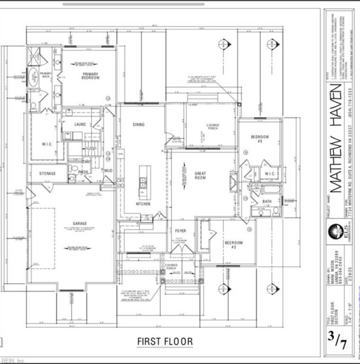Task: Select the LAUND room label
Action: (79, 124)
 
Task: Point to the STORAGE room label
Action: (48, 174)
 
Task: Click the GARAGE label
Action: (79, 223)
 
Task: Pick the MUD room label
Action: (108, 171)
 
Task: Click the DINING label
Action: (139, 124)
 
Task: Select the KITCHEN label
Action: (143, 204)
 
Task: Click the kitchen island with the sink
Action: (143, 178)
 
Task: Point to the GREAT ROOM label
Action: (200, 176)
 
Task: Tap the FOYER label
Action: (180, 231)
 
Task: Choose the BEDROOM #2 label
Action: (233, 244)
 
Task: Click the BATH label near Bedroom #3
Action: (267, 201)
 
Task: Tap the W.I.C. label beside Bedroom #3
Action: (270, 174)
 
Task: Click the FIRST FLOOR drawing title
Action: (164, 342)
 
